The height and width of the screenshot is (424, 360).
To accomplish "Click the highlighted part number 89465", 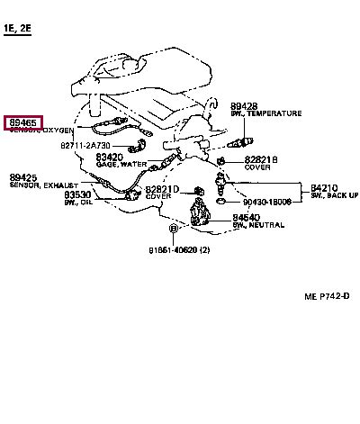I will point(24,122).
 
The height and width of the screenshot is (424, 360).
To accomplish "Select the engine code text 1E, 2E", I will point(18,30).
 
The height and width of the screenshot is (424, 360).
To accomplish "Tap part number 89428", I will point(244,105).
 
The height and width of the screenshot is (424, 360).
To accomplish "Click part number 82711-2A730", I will point(85,145).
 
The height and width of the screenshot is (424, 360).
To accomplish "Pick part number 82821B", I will point(261,159).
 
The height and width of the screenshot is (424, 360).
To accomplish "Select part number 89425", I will point(23,177).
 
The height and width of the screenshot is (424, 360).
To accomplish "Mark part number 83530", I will point(77,194).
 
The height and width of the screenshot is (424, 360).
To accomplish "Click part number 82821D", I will point(164,189).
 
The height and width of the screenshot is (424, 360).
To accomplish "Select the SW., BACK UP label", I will point(335,195).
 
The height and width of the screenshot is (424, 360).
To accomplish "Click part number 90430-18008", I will point(266,203).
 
